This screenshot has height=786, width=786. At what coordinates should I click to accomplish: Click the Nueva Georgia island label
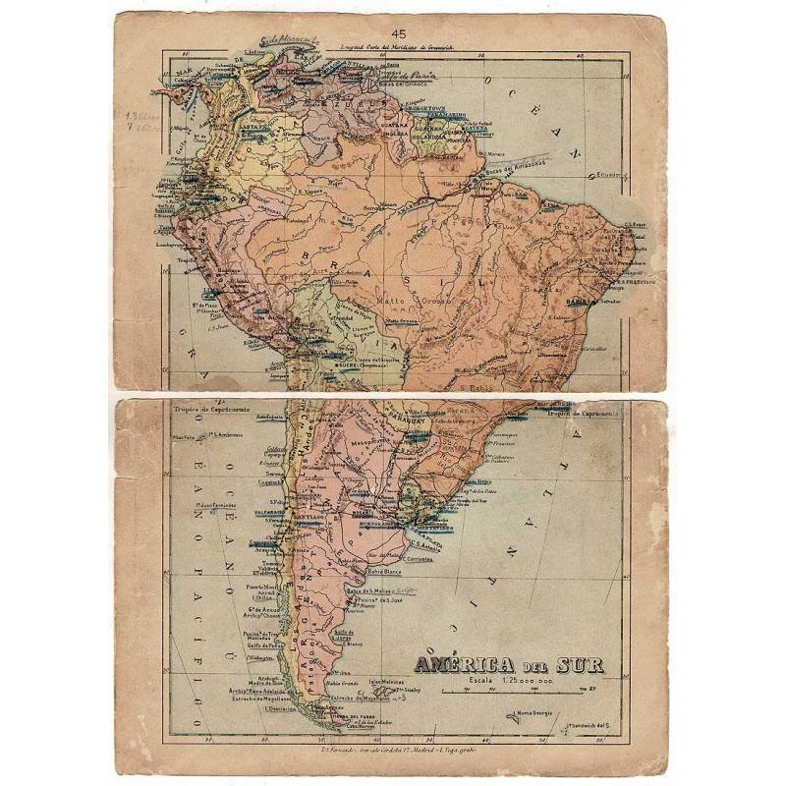tap(534, 711)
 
